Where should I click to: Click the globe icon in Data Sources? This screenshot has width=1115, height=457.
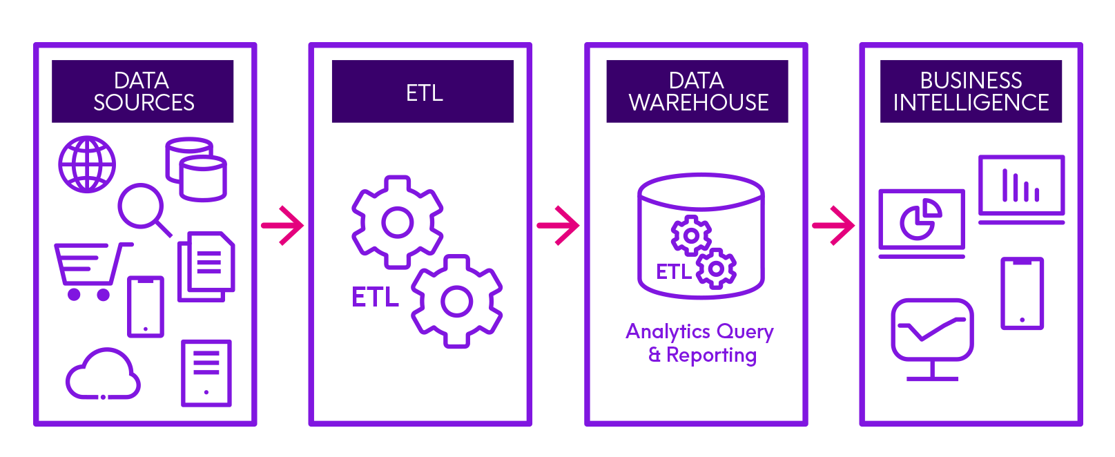click(x=87, y=164)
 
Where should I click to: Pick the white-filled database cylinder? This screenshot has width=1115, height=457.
click(x=203, y=179)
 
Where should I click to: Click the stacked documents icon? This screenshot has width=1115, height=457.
click(x=206, y=266)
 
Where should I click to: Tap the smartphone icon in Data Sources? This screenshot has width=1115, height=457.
click(x=146, y=307)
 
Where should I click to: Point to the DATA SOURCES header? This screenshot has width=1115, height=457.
click(x=143, y=91)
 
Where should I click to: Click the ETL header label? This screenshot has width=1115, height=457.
click(x=423, y=92)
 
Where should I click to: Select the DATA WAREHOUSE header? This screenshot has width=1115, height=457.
click(x=697, y=91)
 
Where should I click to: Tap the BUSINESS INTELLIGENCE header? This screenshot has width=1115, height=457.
click(x=971, y=91)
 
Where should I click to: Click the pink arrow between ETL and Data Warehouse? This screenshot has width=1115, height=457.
click(x=558, y=225)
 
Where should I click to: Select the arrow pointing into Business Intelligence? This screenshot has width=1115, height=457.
click(x=833, y=225)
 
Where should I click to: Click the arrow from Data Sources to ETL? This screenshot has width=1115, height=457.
click(x=282, y=225)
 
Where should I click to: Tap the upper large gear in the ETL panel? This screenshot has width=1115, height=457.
click(x=397, y=222)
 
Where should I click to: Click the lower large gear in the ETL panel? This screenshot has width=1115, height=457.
click(x=456, y=301)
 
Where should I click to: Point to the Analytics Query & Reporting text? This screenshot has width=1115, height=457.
click(x=700, y=343)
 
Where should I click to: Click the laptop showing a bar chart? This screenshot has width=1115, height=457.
click(x=1022, y=188)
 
